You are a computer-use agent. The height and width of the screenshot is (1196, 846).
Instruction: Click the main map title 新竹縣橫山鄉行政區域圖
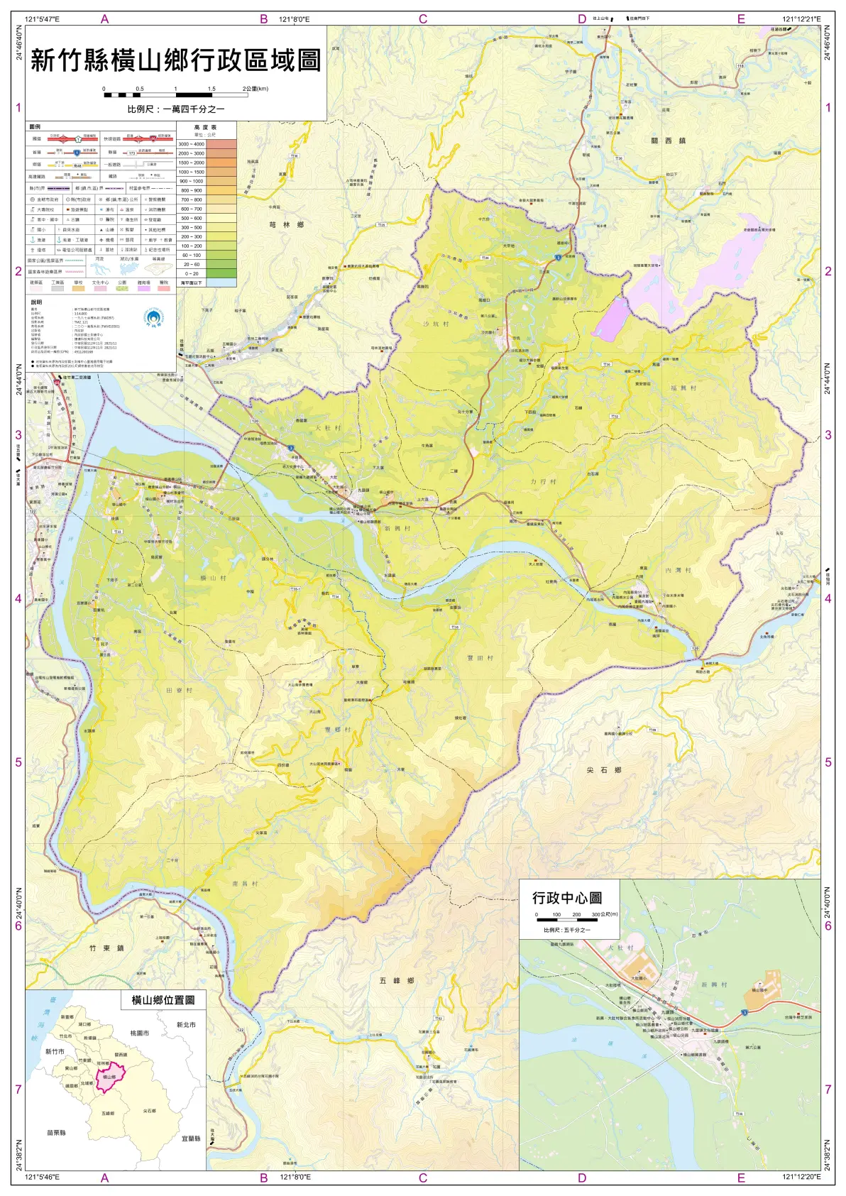(176, 60)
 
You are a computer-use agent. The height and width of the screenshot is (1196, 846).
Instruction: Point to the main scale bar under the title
(175, 94)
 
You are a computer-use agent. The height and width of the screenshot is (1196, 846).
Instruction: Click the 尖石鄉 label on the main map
(604, 769)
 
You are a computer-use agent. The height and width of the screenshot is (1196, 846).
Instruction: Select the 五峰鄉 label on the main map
(396, 980)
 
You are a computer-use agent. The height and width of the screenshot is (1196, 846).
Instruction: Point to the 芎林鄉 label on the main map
(286, 224)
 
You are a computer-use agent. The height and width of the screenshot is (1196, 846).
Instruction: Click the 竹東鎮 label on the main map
(106, 948)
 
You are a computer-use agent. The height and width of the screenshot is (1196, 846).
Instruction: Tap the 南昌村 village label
(245, 884)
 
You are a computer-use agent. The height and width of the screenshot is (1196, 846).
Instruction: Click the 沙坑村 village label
(436, 324)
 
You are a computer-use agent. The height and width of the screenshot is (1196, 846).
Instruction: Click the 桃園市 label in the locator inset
(139, 1033)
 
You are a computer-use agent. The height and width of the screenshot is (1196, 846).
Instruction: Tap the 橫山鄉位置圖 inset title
(163, 999)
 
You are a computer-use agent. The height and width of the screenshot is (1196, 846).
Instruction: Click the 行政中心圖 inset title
(567, 898)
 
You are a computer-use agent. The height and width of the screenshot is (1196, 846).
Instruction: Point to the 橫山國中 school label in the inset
(759, 989)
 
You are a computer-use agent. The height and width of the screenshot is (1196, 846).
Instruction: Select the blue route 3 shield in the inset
(745, 1012)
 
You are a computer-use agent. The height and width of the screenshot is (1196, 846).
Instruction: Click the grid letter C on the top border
(423, 19)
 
